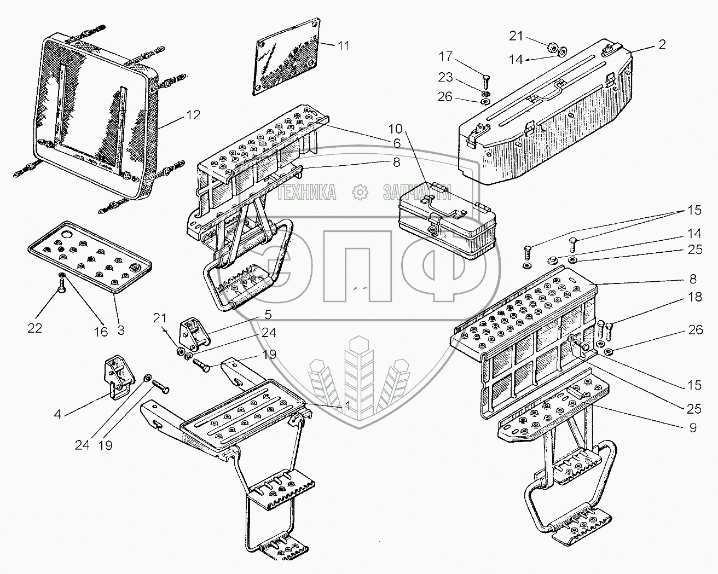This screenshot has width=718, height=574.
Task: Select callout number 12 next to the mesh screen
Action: [193, 115]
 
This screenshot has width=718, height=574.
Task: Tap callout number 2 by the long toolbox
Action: [662, 45]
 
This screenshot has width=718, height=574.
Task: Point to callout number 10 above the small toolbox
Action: [395, 130]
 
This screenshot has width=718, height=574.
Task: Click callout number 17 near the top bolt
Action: [446, 56]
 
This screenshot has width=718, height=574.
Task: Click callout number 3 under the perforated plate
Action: [121, 330]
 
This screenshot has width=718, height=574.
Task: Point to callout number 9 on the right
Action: [693, 428]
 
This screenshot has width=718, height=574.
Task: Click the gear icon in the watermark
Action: [360, 192]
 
